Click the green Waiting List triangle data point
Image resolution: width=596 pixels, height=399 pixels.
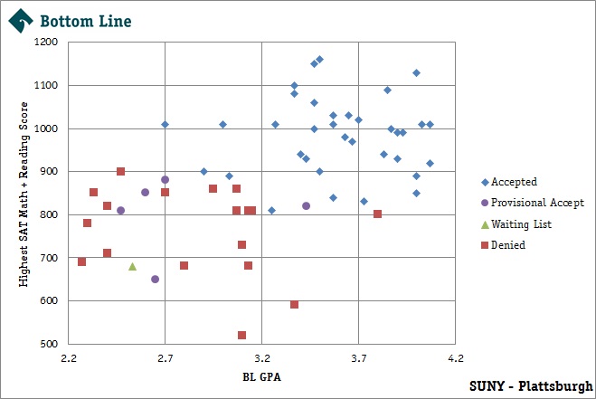(x=132, y=266)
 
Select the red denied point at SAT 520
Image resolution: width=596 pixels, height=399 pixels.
(x=241, y=335)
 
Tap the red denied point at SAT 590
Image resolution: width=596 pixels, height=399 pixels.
(x=294, y=305)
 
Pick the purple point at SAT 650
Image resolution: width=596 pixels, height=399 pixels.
(x=155, y=279)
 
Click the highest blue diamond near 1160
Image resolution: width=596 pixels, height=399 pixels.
(x=319, y=60)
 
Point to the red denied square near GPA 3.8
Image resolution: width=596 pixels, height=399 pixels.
(x=377, y=214)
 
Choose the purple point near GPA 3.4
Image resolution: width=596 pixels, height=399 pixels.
(x=306, y=205)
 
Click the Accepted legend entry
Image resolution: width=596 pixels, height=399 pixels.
(x=507, y=182)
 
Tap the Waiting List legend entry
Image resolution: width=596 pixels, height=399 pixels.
(x=515, y=223)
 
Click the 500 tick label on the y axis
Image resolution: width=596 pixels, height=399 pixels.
(x=49, y=344)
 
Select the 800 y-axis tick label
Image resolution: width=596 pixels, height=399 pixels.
(x=49, y=214)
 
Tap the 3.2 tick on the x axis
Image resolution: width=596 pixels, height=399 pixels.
(x=261, y=359)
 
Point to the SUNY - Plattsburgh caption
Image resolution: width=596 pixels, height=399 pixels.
(x=531, y=385)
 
